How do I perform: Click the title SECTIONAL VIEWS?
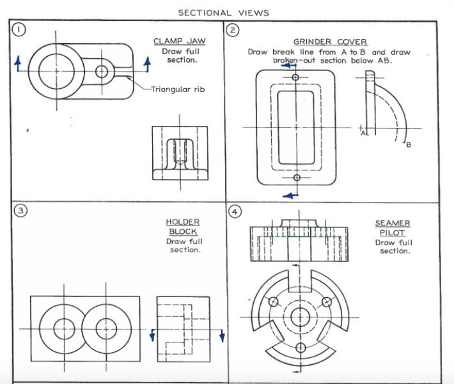coord(223,12)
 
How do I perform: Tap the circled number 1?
coord(20,29)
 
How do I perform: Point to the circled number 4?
coord(236,211)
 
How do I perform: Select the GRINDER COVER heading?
coord(330,42)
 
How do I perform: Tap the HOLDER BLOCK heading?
coord(183,226)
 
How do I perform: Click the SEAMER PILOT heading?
coord(393,228)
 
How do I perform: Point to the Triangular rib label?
coord(177,89)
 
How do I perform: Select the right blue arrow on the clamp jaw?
coord(147,63)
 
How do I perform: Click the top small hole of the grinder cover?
coord(295,78)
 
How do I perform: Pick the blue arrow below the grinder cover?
coord(292,194)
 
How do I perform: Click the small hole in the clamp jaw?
coord(102,71)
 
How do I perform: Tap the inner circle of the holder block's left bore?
coord(63,329)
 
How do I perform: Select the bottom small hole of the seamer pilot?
coord(301,348)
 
